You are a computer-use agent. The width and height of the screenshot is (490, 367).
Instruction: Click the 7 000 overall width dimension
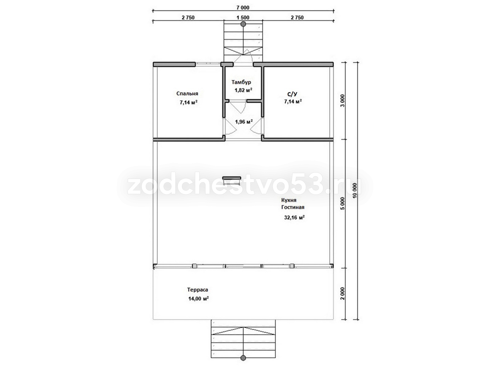pyautogui.click(x=243, y=8)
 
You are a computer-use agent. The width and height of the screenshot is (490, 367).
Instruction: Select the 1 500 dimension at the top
pyautogui.click(x=243, y=18)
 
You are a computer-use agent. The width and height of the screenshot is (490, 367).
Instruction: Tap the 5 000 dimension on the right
pyautogui.click(x=342, y=203)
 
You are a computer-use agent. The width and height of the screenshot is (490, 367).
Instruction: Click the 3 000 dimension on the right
pyautogui.click(x=342, y=101)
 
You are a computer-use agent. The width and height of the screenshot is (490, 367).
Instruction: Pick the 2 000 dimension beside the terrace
pyautogui.click(x=342, y=294)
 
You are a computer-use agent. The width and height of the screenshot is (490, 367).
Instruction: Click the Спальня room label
pyautogui.click(x=187, y=94)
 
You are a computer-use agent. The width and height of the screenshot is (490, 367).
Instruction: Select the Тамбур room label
pyautogui.click(x=241, y=82)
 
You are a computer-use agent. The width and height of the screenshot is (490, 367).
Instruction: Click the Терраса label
pyautogui.click(x=197, y=290)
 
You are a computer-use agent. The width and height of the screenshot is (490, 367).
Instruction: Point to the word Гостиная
pyautogui.click(x=293, y=207)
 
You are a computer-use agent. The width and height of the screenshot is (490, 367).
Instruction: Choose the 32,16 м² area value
pyautogui.click(x=294, y=217)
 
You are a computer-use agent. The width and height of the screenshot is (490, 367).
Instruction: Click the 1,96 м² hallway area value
pyautogui.click(x=244, y=122)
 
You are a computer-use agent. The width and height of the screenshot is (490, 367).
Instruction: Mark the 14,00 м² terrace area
pyautogui.click(x=198, y=298)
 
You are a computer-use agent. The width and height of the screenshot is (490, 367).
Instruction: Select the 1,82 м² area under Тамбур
pyautogui.click(x=243, y=90)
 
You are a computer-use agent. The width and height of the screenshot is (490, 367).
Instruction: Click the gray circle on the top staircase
pyautogui.click(x=243, y=24)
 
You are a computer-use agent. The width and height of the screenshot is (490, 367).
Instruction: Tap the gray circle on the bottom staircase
pyautogui.click(x=243, y=358)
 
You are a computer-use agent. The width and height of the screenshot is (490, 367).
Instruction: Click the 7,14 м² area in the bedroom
pyautogui.click(x=188, y=102)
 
